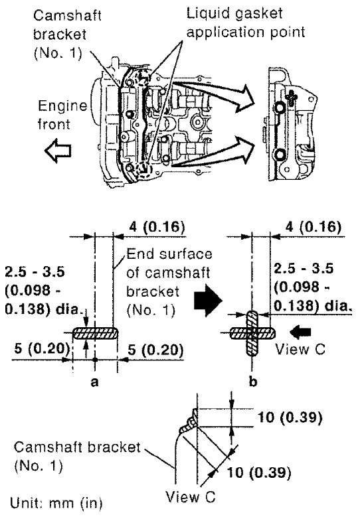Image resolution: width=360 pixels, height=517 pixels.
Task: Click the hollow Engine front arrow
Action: [58, 151]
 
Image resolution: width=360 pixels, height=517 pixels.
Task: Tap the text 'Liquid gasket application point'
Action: [246, 23]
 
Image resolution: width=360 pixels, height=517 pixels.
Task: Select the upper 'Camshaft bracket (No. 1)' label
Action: [67, 35]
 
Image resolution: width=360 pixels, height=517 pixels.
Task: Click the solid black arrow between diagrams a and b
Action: [207, 301]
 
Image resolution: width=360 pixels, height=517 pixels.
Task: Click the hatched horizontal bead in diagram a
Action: [95, 333]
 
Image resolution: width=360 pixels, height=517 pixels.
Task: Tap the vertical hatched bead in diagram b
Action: [252, 333]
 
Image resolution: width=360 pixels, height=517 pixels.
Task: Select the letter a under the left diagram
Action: [95, 382]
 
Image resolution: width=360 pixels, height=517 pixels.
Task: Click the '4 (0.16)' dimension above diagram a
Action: [157, 227]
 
